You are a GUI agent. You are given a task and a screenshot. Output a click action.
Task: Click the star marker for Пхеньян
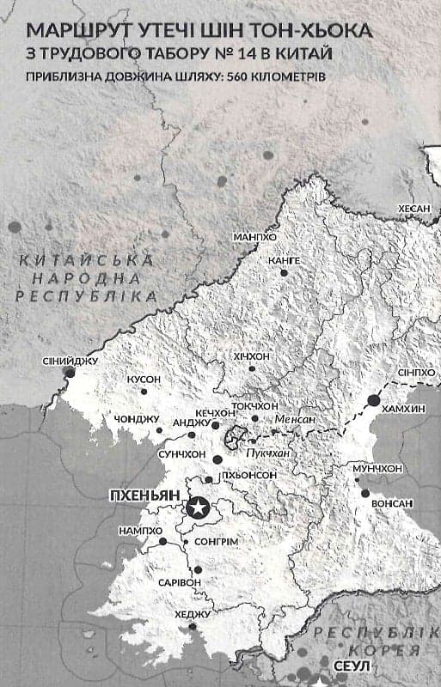pos(197,509)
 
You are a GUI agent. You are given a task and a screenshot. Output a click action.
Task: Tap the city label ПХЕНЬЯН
pos(142,496)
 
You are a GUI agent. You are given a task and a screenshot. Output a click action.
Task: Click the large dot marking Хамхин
pos(373,400)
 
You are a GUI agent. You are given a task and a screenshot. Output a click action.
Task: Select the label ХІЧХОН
pos(251,355)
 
